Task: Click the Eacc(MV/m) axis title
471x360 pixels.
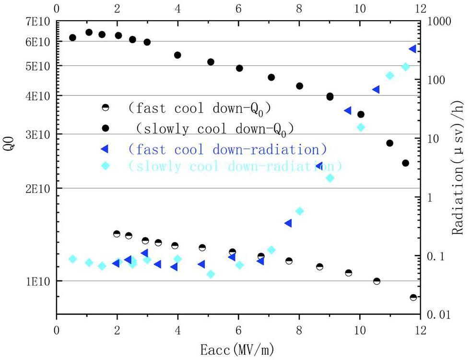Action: pos(238,347)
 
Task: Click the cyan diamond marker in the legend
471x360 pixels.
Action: pos(106,166)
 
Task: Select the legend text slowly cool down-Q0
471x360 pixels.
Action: pos(214,128)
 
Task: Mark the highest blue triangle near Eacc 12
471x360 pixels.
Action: pos(412,49)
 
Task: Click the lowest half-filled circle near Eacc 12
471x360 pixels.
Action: pos(413,298)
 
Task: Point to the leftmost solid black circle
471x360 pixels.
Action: pos(73,37)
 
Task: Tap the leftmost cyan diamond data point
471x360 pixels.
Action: pos(73,259)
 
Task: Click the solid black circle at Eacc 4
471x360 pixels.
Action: pos(177,55)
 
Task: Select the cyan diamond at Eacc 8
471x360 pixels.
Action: pos(299,211)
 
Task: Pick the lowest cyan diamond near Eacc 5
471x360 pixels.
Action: pos(211,274)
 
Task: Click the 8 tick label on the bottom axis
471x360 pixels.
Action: pos(299,331)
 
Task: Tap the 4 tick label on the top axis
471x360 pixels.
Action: pos(178,8)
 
